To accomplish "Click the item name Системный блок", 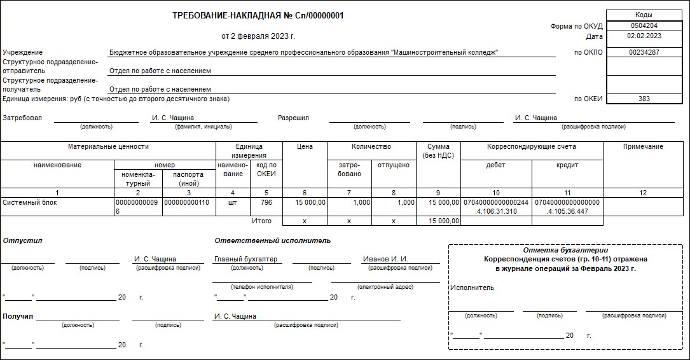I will pyautogui.click(x=30, y=203).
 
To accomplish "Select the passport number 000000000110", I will pyautogui.click(x=186, y=203).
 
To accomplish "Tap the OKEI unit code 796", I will pyautogui.click(x=266, y=203).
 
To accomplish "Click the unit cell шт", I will pyautogui.click(x=232, y=203).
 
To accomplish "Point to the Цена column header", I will pyautogui.click(x=305, y=147).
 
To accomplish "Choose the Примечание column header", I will pyautogui.click(x=643, y=147).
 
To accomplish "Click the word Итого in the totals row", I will pyautogui.click(x=262, y=221).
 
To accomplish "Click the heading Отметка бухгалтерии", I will pyautogui.click(x=565, y=250).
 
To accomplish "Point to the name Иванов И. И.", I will pyautogui.click(x=385, y=260).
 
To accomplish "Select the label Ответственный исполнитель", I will pyautogui.click(x=272, y=240).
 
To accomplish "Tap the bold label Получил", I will pyautogui.click(x=18, y=316).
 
